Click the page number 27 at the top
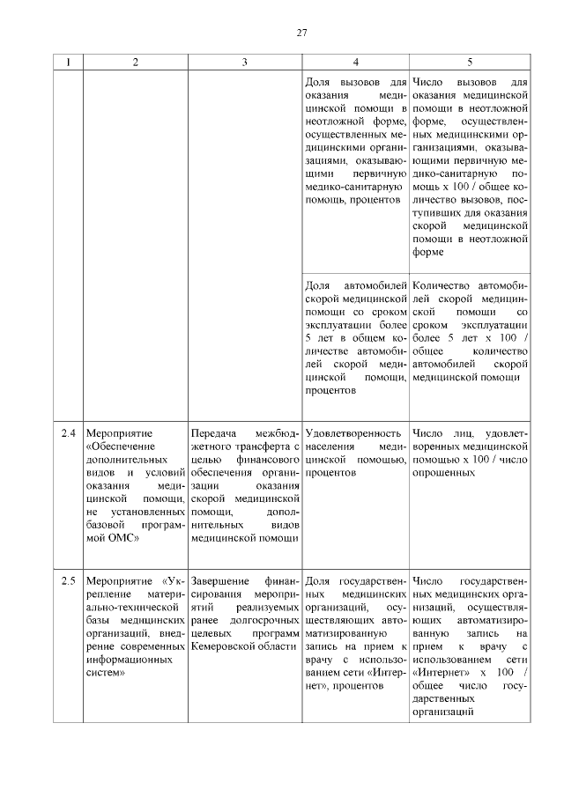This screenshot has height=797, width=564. pos(301,33)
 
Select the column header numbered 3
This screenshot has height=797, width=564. pos(244,62)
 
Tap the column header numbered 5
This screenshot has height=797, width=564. pos(469,62)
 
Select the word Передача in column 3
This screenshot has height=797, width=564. pos(216,433)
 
